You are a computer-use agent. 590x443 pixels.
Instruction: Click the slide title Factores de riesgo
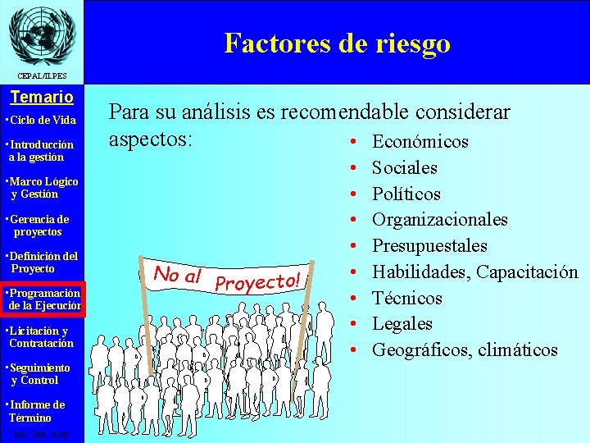[x=337, y=43]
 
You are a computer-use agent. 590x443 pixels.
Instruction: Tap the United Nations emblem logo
[x=41, y=34]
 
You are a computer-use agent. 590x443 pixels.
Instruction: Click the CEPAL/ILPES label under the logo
[x=41, y=76]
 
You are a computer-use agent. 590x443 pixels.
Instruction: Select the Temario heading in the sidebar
[x=41, y=98]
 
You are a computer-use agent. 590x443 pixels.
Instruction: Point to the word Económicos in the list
[x=420, y=142]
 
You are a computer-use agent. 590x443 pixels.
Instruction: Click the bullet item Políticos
[x=406, y=194]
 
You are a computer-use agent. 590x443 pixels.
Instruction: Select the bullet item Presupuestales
[x=429, y=246]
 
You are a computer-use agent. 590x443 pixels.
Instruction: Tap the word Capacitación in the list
[x=527, y=272]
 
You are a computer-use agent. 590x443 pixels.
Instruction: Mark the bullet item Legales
[x=402, y=324]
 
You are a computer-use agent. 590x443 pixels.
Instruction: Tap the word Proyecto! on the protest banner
[x=258, y=281]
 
